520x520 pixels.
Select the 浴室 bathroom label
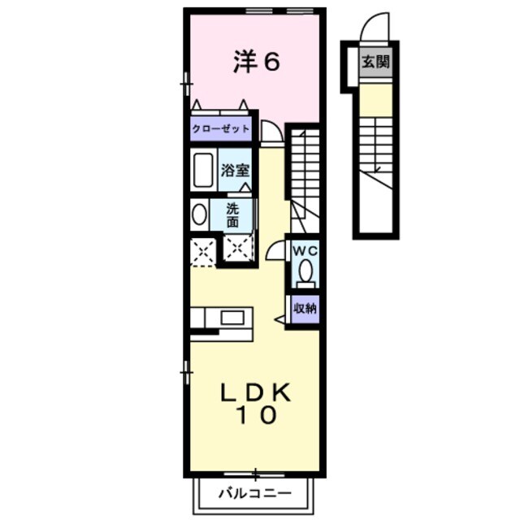236,171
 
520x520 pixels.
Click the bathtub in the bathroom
203,171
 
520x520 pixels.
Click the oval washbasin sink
200,214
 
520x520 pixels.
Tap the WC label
305,249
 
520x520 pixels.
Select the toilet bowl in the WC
305,272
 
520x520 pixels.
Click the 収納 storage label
305,308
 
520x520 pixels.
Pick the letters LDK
257,393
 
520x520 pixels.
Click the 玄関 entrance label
375,61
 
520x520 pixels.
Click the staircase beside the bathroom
305,167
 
